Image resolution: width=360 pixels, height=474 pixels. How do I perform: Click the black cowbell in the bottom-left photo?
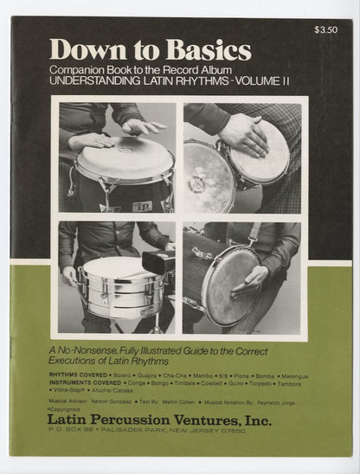157,260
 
